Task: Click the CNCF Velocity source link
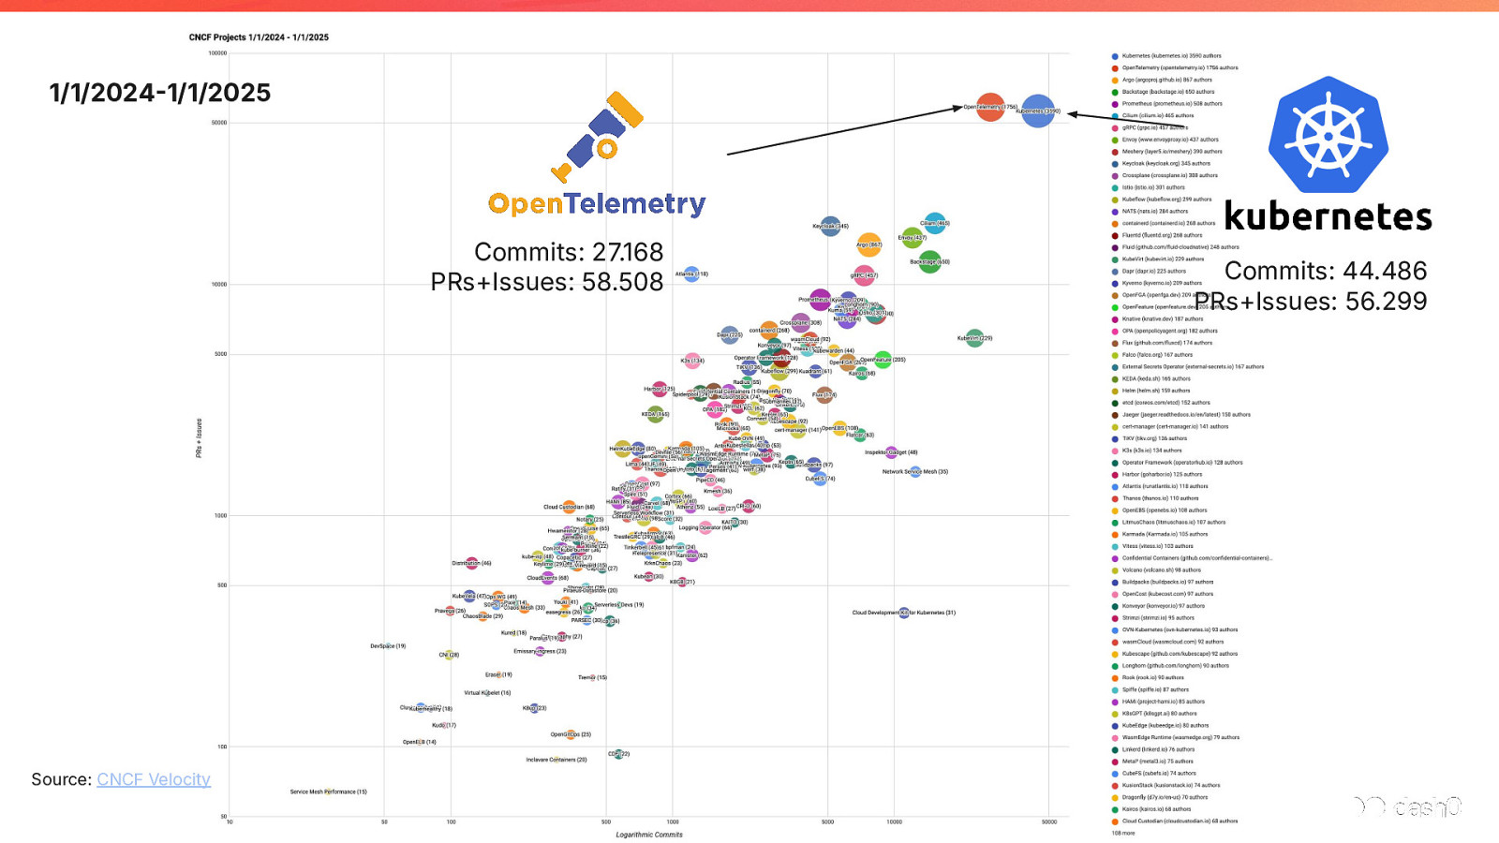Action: (x=154, y=779)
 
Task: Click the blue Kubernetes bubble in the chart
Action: (x=1038, y=111)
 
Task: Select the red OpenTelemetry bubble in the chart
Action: (x=990, y=107)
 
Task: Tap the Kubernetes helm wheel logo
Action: (x=1328, y=135)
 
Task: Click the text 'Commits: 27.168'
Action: (x=568, y=252)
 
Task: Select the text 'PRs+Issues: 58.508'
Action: (x=546, y=282)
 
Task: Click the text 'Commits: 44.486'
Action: (x=1326, y=271)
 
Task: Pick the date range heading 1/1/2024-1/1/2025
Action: (x=160, y=93)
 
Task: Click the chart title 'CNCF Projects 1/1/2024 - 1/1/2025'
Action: (x=259, y=37)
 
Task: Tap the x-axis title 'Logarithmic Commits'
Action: (x=649, y=835)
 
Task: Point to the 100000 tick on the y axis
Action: (x=217, y=53)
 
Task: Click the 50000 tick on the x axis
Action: (x=1049, y=821)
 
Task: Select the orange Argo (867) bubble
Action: (x=869, y=245)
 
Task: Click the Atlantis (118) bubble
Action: (x=691, y=274)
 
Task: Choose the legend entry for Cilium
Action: (x=1157, y=116)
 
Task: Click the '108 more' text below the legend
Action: (x=1123, y=833)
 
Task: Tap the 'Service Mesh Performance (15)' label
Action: (x=328, y=791)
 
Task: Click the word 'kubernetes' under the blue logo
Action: (x=1328, y=217)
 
